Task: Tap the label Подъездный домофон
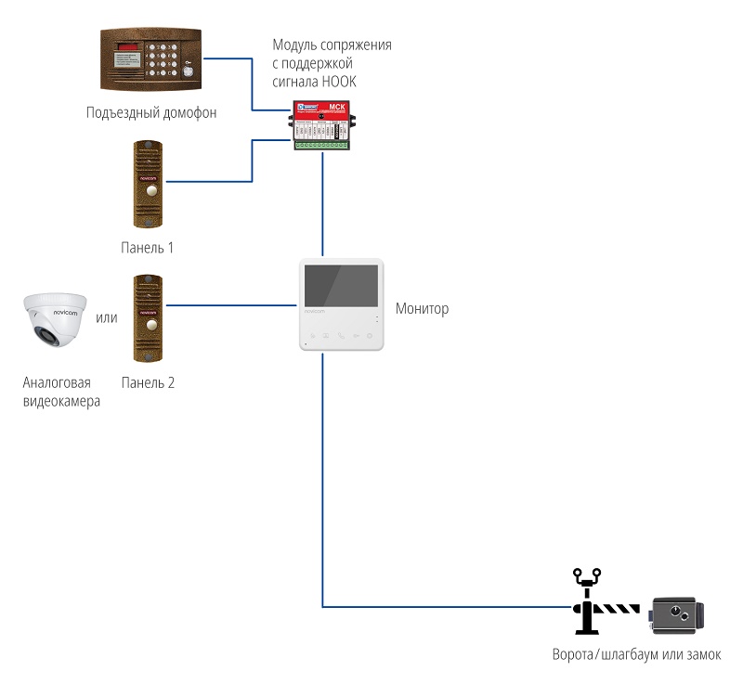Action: (x=151, y=113)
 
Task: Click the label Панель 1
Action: (x=148, y=248)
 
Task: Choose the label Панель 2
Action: (x=148, y=382)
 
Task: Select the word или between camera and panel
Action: (x=107, y=318)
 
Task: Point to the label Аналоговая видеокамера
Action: (x=61, y=392)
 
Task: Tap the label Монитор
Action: (x=422, y=308)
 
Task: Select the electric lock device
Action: (x=677, y=614)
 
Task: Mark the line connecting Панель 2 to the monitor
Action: (x=232, y=303)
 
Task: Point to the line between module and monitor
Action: (x=322, y=204)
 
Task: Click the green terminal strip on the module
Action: (x=321, y=144)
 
